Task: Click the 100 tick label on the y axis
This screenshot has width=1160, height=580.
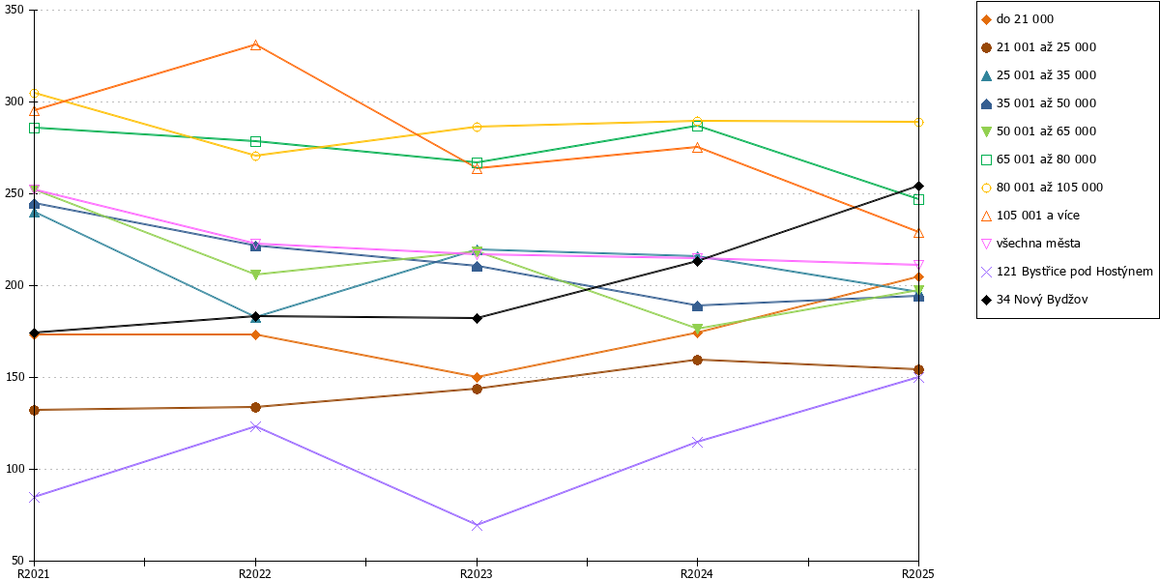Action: click(x=14, y=469)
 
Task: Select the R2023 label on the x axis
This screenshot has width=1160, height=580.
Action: click(x=477, y=574)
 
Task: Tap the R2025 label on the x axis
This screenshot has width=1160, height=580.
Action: click(x=918, y=574)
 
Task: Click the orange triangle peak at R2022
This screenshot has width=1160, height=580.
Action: click(x=255, y=45)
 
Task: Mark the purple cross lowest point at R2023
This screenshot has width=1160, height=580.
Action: click(x=477, y=525)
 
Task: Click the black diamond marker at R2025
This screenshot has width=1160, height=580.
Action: click(x=918, y=187)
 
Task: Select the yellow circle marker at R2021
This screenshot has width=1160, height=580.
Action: click(x=34, y=93)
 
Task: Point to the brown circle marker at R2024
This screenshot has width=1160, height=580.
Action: click(x=698, y=360)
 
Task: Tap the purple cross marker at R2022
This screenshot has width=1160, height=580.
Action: click(x=255, y=426)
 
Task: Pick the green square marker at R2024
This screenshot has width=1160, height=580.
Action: click(x=698, y=126)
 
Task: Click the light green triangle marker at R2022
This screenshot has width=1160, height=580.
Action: click(x=255, y=275)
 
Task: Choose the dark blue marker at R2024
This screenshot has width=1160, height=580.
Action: click(x=698, y=306)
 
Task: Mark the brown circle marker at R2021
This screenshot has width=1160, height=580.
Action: click(x=34, y=410)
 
